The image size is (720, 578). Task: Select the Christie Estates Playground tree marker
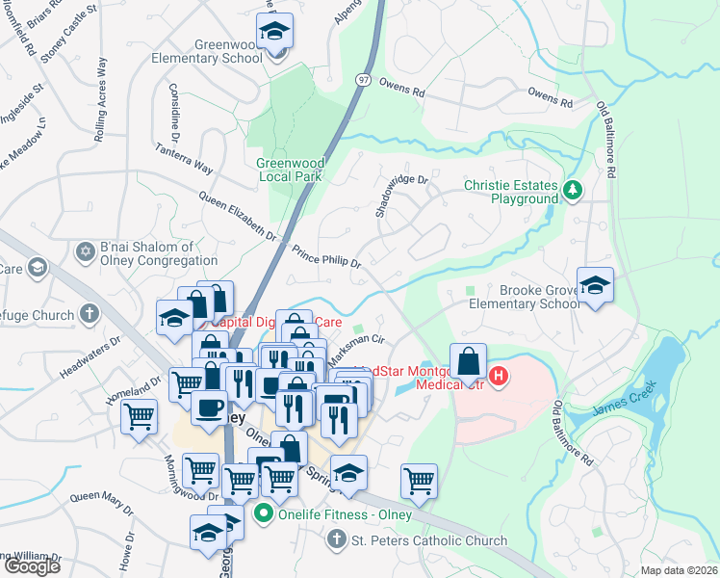tap(574, 190)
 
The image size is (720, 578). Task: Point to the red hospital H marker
tap(499, 376)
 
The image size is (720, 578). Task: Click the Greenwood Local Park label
tap(289, 170)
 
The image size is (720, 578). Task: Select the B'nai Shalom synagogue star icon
tap(84, 252)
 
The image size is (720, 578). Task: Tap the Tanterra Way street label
tap(185, 159)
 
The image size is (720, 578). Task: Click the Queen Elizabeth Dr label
tap(238, 217)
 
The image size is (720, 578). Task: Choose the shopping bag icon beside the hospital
tap(468, 362)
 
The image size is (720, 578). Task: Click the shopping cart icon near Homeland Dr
tap(140, 417)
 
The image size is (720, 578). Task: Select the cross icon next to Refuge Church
tap(90, 313)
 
